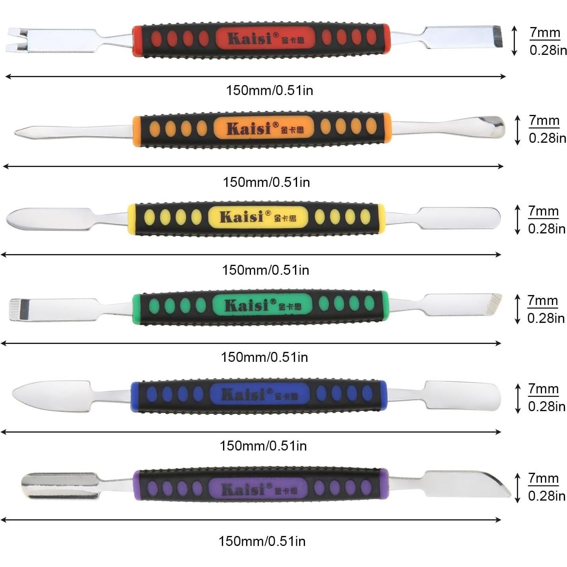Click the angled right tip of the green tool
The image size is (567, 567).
tap(495, 304)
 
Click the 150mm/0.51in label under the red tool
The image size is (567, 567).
tap(270, 91)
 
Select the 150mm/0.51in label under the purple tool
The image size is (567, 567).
tap(262, 541)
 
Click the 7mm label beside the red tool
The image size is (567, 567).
tap(545, 32)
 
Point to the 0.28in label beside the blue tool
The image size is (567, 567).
tap(546, 406)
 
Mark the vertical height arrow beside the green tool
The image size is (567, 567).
tap(517, 309)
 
